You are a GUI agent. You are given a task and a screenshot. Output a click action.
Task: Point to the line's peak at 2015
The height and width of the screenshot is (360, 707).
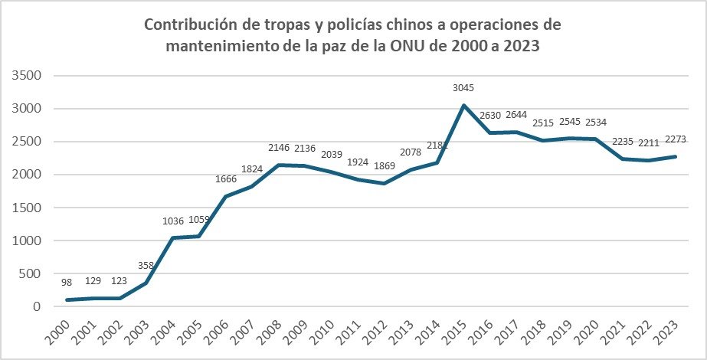coord(464,105)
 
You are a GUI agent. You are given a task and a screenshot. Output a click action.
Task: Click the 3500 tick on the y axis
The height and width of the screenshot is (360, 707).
coord(26,76)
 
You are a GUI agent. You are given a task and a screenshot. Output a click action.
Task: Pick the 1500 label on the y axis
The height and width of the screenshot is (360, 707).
coord(26,208)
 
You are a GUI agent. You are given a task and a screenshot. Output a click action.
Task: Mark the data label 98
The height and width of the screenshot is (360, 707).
coord(67,283)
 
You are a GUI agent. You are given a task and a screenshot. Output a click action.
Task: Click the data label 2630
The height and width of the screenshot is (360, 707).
coord(490,116)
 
